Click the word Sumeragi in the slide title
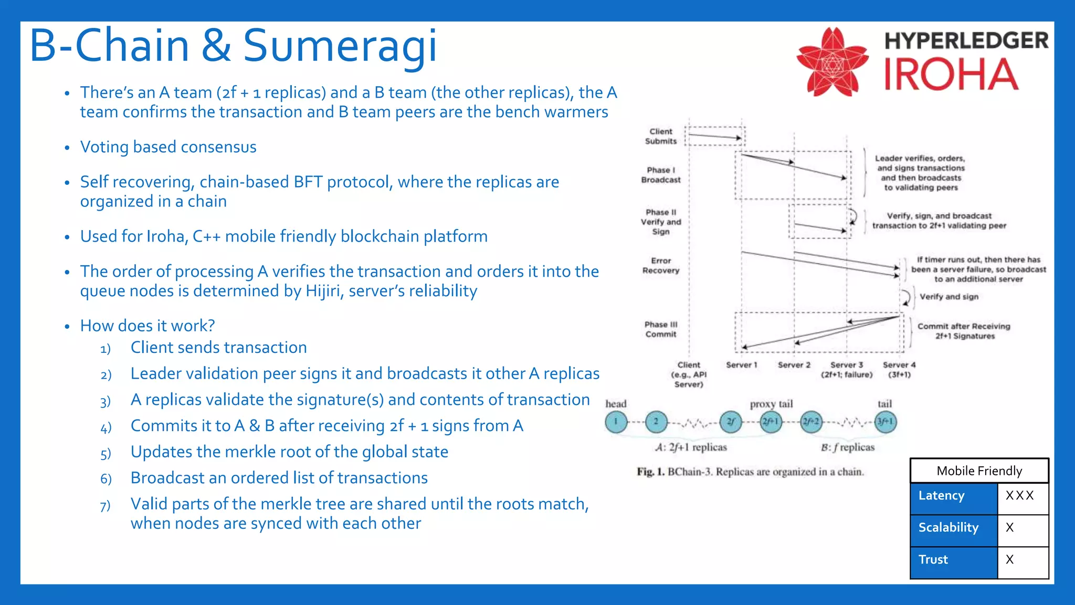(x=340, y=46)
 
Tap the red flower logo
(x=832, y=62)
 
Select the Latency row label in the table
(x=941, y=496)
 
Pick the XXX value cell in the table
(x=1019, y=496)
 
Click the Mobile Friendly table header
(x=979, y=471)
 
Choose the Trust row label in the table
(x=933, y=560)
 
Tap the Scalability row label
(x=948, y=528)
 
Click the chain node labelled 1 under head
(x=616, y=422)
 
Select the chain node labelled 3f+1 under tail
(x=885, y=422)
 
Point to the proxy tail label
(x=771, y=404)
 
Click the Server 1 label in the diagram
(x=741, y=365)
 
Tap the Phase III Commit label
(x=661, y=329)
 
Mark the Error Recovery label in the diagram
(x=661, y=265)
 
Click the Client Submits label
(x=661, y=136)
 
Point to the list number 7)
(x=105, y=506)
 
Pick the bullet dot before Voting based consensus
(x=67, y=148)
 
